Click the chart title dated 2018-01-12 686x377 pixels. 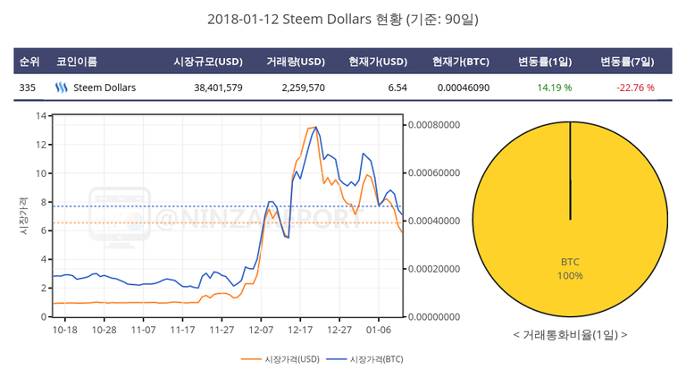(343, 19)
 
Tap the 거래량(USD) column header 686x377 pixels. (295, 62)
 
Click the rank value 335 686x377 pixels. (27, 88)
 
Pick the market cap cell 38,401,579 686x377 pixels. (217, 88)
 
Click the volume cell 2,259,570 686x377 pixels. (303, 88)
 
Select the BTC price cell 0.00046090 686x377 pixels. (463, 88)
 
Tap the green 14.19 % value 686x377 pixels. (554, 88)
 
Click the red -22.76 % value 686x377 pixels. (635, 88)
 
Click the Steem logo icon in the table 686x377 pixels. (62, 88)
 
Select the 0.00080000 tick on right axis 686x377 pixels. (433, 124)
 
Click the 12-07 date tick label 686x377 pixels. (260, 329)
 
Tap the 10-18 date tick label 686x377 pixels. (65, 329)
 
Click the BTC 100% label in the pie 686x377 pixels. (571, 268)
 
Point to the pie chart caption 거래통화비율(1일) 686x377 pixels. (570, 334)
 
